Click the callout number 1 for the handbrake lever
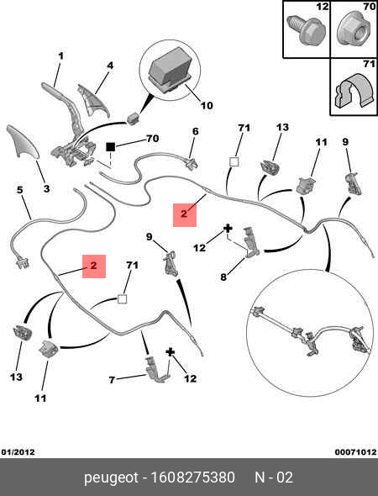pyautogui.click(x=60, y=56)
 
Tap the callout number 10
pyautogui.click(x=207, y=105)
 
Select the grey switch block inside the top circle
pyautogui.click(x=171, y=71)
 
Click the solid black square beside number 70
pyautogui.click(x=110, y=147)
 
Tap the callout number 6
pyautogui.click(x=196, y=131)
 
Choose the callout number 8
pyautogui.click(x=223, y=277)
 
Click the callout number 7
pyautogui.click(x=112, y=380)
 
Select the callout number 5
pyautogui.click(x=20, y=190)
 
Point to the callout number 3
pyautogui.click(x=46, y=189)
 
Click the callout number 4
pyautogui.click(x=110, y=66)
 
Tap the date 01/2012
pyautogui.click(x=18, y=452)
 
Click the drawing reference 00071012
pyautogui.click(x=356, y=452)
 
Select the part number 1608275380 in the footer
pyautogui.click(x=193, y=478)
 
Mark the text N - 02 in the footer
pyautogui.click(x=274, y=478)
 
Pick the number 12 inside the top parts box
pyautogui.click(x=323, y=7)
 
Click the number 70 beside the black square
pyautogui.click(x=152, y=139)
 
